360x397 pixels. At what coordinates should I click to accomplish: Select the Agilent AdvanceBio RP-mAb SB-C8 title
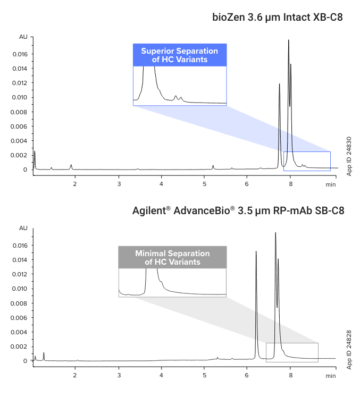[238, 210]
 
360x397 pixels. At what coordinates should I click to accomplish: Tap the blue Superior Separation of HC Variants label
[180, 55]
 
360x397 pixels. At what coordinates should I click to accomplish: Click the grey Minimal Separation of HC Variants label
[172, 257]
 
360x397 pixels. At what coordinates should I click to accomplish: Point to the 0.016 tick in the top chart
[20, 54]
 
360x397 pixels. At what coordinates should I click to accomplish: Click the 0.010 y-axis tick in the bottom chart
[20, 289]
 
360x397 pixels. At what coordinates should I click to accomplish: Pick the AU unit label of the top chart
[23, 37]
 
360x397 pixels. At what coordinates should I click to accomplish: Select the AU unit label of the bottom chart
[23, 228]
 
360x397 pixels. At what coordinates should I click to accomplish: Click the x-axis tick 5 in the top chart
[205, 184]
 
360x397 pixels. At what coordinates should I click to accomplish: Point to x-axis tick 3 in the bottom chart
[119, 375]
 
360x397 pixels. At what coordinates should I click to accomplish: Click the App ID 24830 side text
[349, 156]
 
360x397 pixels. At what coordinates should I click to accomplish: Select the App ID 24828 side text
[349, 348]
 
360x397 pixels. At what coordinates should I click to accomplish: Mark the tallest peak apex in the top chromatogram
[289, 40]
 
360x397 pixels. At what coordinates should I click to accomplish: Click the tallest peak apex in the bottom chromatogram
[275, 232]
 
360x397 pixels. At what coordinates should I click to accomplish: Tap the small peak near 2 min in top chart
[71, 165]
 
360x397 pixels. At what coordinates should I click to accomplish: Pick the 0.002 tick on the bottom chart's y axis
[20, 347]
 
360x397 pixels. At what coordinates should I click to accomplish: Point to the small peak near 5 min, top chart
[213, 166]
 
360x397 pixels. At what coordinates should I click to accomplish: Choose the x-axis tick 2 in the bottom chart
[75, 375]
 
